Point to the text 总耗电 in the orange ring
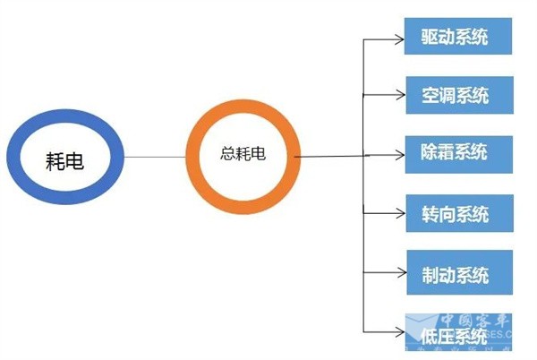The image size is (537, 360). (x=243, y=153)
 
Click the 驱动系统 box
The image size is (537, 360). (x=457, y=37)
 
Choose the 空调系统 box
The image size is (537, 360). (x=457, y=94)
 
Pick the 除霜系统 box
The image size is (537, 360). (x=457, y=152)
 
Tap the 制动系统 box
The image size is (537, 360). (x=457, y=272)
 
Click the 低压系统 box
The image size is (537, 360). (x=457, y=335)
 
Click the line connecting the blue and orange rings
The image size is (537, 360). (x=156, y=158)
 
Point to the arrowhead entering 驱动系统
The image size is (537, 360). (x=398, y=39)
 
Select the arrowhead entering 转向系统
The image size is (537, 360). (x=398, y=214)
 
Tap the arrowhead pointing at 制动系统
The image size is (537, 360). (x=398, y=272)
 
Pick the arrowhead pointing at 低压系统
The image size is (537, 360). (x=398, y=334)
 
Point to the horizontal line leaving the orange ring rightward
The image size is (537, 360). (x=327, y=158)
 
